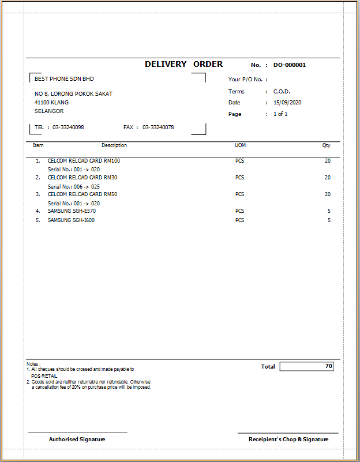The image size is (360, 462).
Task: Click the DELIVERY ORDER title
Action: click(x=183, y=65)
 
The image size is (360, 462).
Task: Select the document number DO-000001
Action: click(x=289, y=65)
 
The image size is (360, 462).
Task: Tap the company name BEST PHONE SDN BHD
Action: click(x=64, y=79)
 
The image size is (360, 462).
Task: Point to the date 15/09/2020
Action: click(x=287, y=103)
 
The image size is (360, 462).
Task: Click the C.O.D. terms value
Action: click(x=282, y=92)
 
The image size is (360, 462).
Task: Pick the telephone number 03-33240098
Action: click(x=68, y=127)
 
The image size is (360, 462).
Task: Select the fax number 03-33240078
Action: click(x=158, y=127)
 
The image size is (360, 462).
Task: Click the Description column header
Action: click(x=114, y=145)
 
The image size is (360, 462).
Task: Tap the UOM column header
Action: click(x=240, y=145)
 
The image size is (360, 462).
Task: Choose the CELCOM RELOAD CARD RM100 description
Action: click(x=84, y=161)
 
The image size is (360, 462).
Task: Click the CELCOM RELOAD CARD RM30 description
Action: click(x=82, y=178)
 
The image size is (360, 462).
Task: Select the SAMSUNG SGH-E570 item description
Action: click(x=72, y=211)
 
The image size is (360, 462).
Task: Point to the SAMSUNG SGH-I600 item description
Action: click(x=71, y=220)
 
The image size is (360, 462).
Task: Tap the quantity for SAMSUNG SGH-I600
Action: click(x=329, y=220)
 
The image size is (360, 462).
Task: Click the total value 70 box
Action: click(x=306, y=366)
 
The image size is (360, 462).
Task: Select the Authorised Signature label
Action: click(x=77, y=440)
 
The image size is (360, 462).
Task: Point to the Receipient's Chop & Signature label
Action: click(x=288, y=440)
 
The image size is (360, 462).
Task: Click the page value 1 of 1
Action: click(x=280, y=114)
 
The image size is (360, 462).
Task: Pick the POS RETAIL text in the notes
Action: click(x=44, y=376)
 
